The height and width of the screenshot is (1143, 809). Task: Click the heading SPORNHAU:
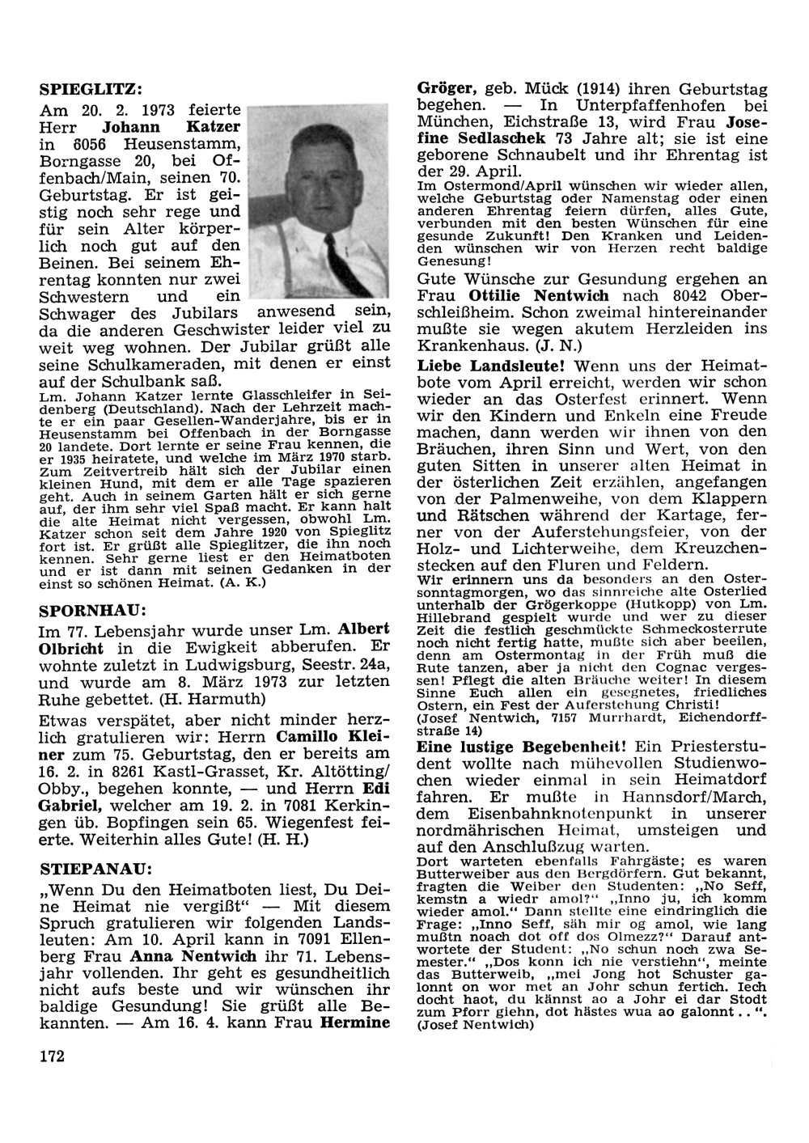[95, 608]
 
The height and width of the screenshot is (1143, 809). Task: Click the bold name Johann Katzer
[172, 127]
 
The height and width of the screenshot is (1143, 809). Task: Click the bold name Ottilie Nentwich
[554, 296]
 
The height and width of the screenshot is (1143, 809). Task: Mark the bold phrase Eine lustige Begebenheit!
[522, 747]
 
